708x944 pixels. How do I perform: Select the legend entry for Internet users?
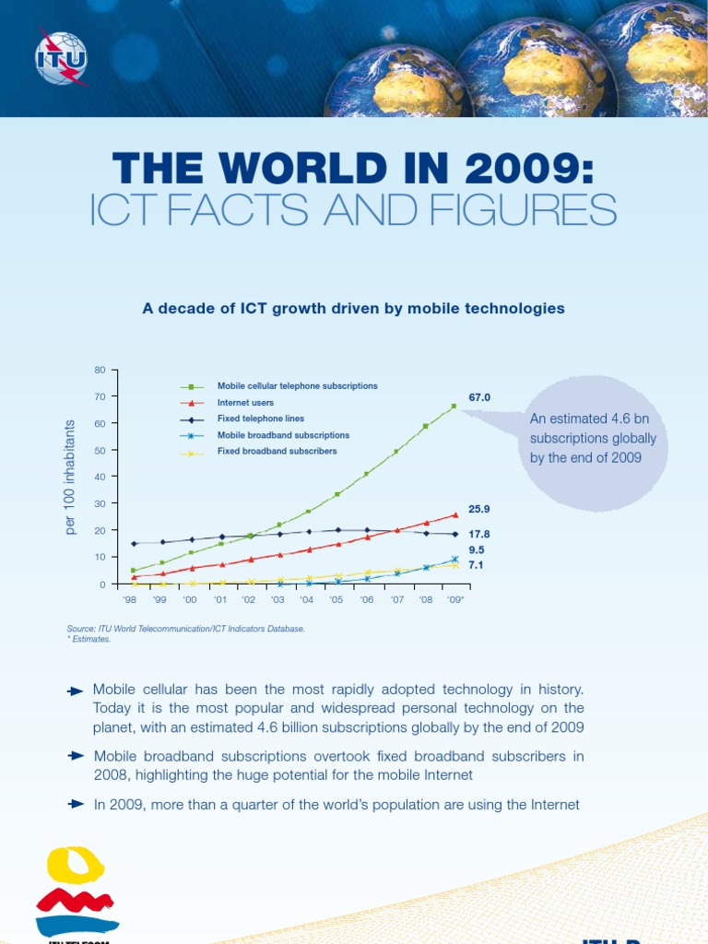tap(245, 403)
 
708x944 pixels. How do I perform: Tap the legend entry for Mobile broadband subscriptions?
tap(282, 435)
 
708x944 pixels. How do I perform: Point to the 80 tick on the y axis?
tap(100, 370)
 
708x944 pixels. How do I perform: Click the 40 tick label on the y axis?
tap(100, 477)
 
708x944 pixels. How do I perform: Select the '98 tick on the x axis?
tap(130, 599)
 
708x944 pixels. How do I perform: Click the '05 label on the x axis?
tap(336, 599)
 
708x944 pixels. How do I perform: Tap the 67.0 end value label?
tap(479, 397)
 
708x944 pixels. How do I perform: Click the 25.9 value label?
tap(479, 509)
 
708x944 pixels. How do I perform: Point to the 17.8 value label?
tap(479, 534)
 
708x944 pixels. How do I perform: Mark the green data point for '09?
tap(454, 406)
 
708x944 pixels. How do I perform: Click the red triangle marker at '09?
tap(454, 515)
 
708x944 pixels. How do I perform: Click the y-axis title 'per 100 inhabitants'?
tap(70, 477)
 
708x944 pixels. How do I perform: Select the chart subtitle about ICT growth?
tap(353, 309)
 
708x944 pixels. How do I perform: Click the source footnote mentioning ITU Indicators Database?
tap(185, 629)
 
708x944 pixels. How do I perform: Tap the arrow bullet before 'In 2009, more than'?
tap(77, 805)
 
